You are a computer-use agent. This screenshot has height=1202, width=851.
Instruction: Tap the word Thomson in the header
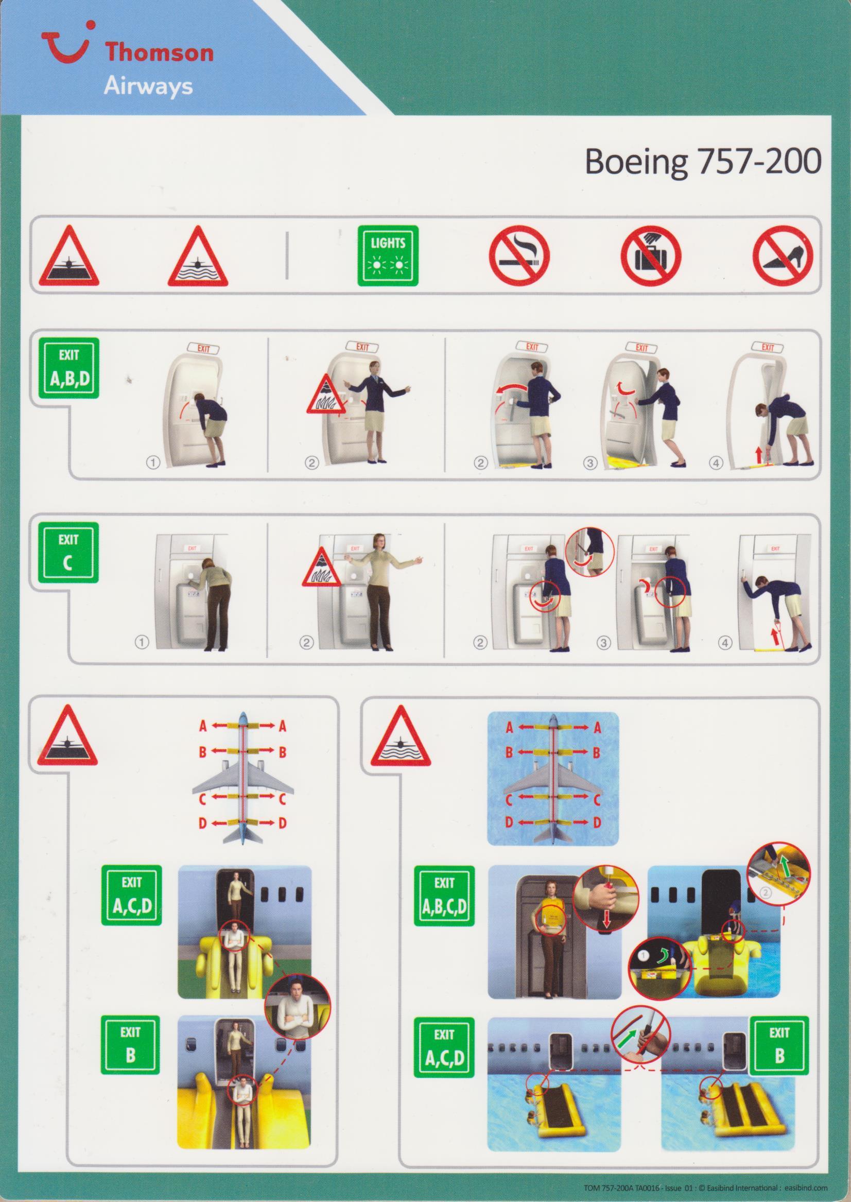coord(159,54)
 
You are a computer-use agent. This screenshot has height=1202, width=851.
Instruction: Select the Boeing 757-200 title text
coord(702,163)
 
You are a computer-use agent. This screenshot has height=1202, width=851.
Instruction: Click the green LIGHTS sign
coord(388,256)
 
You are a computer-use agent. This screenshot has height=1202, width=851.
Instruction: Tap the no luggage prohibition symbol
coord(651,256)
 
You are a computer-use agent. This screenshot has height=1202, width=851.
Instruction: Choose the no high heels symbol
coord(784,256)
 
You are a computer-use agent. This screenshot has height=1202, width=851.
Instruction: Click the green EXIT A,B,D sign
coord(68,368)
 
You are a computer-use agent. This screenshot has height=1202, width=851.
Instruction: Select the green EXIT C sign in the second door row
coord(68,553)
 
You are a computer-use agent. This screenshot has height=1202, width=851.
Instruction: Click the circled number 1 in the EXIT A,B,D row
coord(153,463)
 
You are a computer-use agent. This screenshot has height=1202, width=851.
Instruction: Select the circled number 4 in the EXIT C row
coord(725,644)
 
